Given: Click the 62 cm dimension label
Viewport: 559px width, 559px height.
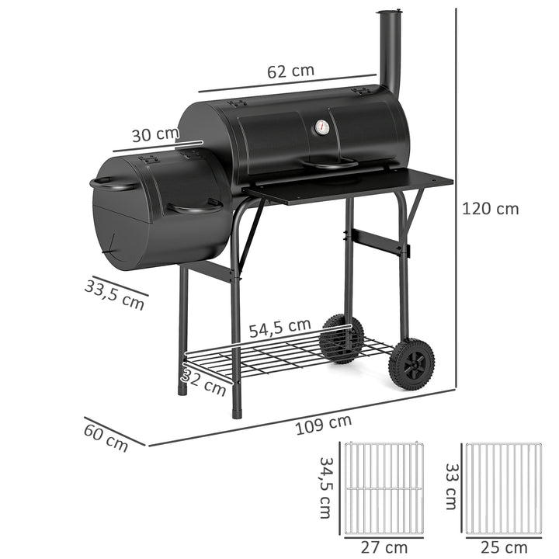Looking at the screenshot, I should [x=291, y=71].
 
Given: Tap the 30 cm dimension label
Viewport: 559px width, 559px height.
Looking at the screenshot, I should [x=155, y=134].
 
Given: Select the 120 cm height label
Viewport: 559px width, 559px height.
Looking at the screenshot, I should [x=490, y=208].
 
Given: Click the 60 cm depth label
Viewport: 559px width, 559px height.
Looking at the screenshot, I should [x=106, y=436].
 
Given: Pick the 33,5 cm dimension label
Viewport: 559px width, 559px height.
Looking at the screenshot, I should [x=115, y=294].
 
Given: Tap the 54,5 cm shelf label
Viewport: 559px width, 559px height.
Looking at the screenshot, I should [x=279, y=328].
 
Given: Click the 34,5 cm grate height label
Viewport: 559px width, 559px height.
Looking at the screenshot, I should [x=327, y=488].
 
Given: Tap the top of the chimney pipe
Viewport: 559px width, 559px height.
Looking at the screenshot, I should [x=390, y=13].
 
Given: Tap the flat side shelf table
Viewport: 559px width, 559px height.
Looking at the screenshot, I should [x=349, y=186].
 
